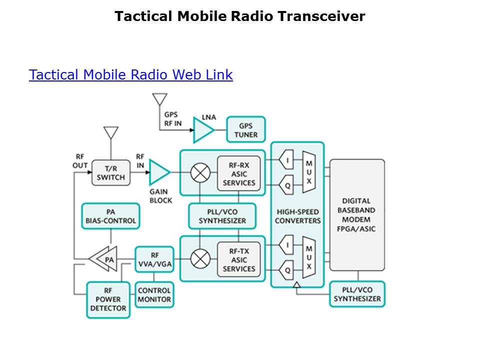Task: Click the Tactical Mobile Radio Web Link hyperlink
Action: (x=130, y=75)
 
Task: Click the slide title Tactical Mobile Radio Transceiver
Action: (x=239, y=16)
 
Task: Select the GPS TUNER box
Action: (x=246, y=130)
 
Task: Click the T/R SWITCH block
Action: (x=110, y=172)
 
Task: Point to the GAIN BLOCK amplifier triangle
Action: (x=158, y=172)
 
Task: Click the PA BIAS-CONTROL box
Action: (x=110, y=216)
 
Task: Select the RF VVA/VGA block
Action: (x=155, y=259)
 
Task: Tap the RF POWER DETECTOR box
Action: (x=108, y=299)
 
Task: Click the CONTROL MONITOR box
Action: (x=154, y=294)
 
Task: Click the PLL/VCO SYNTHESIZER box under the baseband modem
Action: (x=357, y=294)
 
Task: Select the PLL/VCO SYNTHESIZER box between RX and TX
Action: (x=222, y=216)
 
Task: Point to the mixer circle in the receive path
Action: (x=200, y=173)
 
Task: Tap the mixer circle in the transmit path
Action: (x=200, y=259)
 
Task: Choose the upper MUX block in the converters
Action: (x=309, y=172)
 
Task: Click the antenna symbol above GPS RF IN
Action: (x=159, y=99)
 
